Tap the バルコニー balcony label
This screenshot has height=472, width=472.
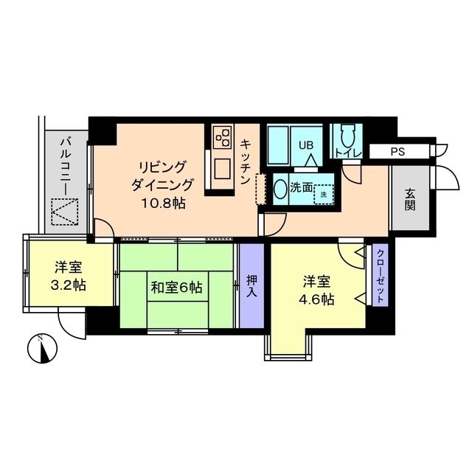coord(65,164)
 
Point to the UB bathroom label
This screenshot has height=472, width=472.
coord(305,145)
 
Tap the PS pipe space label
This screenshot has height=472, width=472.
coord(399,152)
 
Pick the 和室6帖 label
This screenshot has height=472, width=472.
coord(178,287)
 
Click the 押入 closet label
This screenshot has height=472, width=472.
coord(251,285)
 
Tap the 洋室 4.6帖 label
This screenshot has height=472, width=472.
coord(319,291)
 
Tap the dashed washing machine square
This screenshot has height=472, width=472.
coord(322,195)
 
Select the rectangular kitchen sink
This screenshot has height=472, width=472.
coord(221,169)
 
